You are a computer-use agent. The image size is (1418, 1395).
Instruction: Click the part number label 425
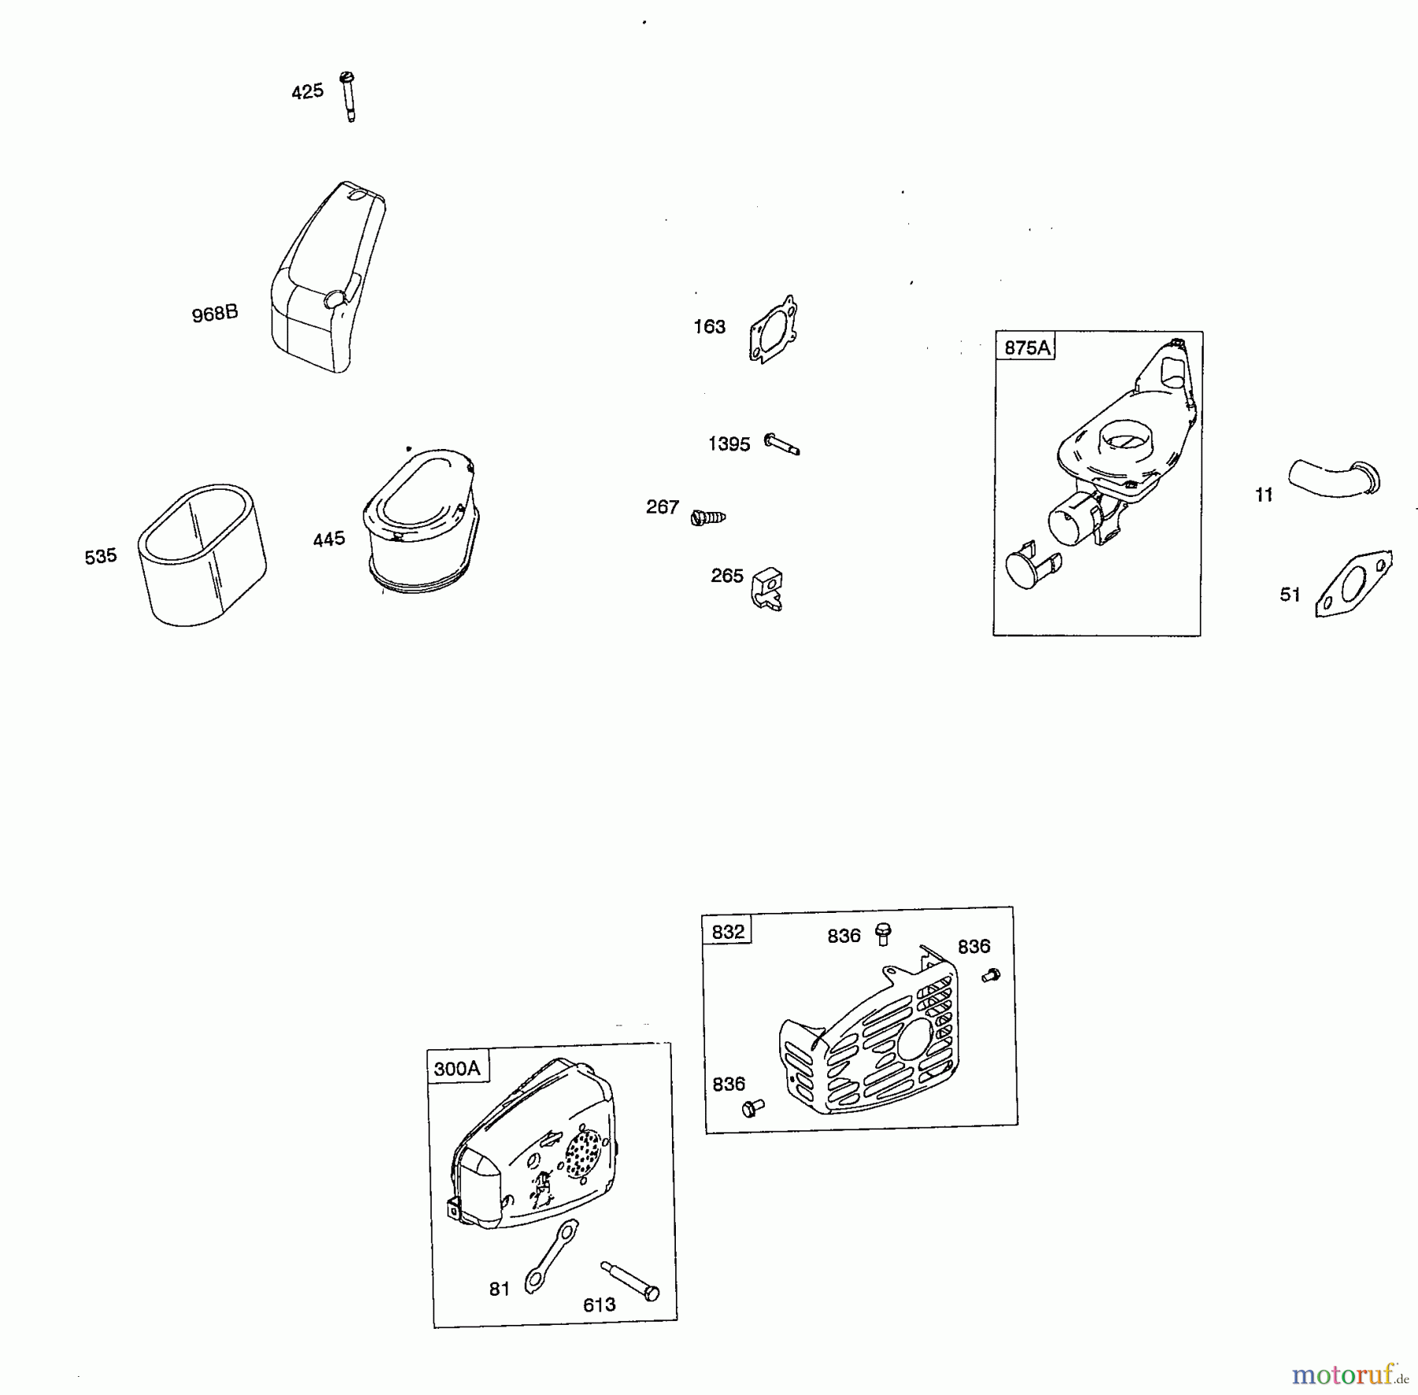point(307,91)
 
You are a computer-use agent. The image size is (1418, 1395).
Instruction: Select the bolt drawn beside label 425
point(348,97)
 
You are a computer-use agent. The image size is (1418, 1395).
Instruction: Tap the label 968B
point(215,314)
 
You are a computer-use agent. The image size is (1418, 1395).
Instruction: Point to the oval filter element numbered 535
point(202,555)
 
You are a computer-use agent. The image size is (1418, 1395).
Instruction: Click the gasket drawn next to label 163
point(773,330)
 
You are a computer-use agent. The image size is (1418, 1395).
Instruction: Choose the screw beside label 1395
point(781,445)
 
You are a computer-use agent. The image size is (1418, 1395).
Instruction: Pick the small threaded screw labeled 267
point(707,518)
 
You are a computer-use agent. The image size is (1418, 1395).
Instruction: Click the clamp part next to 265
point(767,588)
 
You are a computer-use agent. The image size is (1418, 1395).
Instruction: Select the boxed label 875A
point(1027,347)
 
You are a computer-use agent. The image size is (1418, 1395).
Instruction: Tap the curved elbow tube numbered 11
point(1334,479)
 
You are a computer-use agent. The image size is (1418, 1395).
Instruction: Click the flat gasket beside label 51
point(1354,584)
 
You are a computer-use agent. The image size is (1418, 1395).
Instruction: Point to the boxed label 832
point(728,932)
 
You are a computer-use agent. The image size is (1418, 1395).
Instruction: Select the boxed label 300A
point(457,1069)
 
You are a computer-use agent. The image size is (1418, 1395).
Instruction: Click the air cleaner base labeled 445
point(421,521)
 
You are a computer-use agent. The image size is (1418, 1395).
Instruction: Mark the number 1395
point(729,444)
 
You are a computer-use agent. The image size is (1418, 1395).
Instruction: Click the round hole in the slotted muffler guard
point(913,1040)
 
